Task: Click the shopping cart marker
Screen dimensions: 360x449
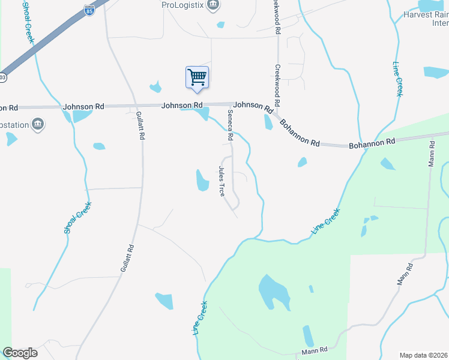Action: click(x=197, y=77)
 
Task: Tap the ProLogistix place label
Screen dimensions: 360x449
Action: click(x=182, y=5)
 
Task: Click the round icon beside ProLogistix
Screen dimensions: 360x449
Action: click(x=213, y=5)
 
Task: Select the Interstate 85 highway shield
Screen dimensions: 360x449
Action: click(x=89, y=11)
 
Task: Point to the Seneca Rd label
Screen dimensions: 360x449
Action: click(x=230, y=125)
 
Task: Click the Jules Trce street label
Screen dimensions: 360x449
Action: click(x=221, y=182)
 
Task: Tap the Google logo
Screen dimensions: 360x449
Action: click(x=20, y=353)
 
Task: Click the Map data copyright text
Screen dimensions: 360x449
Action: click(x=424, y=355)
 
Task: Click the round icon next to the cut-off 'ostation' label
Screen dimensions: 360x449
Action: click(x=38, y=124)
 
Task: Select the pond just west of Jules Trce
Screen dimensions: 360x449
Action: click(x=202, y=180)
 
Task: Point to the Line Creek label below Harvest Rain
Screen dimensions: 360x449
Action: click(x=398, y=79)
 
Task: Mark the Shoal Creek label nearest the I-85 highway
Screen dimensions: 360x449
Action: click(x=28, y=22)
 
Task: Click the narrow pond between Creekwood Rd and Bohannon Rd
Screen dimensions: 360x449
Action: click(x=268, y=122)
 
